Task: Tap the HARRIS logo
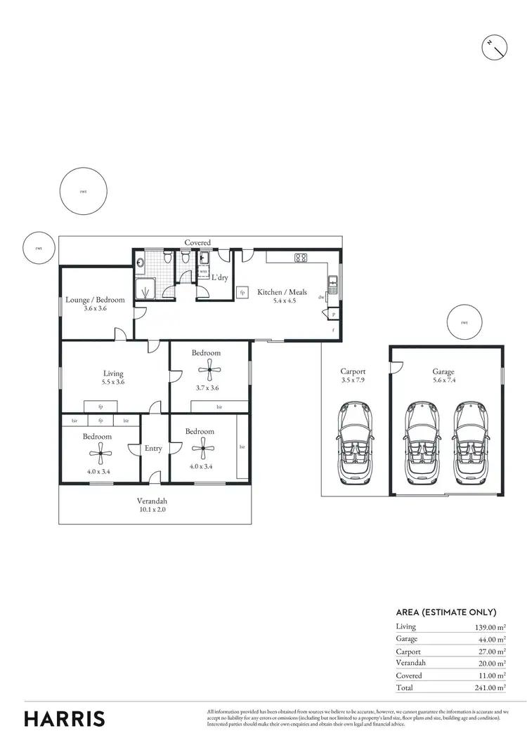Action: pos(65,718)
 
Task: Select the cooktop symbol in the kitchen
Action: pos(301,258)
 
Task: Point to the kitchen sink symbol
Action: pos(333,284)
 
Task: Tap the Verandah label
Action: pos(152,501)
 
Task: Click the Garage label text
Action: pos(443,372)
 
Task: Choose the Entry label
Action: pos(153,448)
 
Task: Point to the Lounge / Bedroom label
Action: pos(95,300)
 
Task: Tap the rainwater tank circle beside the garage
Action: pos(464,323)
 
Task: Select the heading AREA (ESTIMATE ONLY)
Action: pos(446,612)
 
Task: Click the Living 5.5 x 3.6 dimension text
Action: pos(113,383)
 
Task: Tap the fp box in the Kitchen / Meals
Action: pos(243,292)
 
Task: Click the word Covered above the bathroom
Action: pos(197,242)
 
